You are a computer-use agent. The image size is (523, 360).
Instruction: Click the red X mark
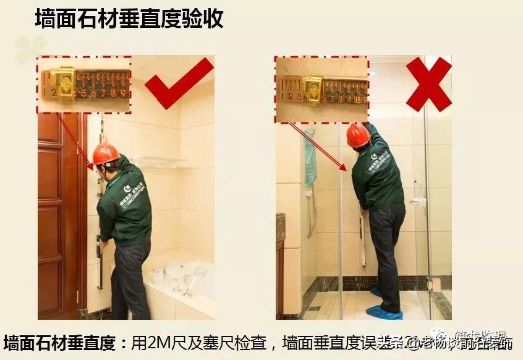(428, 84)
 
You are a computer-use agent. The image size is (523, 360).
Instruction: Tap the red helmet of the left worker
(106, 154)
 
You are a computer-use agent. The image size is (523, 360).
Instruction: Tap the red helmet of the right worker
(358, 135)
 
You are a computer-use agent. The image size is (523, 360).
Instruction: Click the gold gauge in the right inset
(312, 89)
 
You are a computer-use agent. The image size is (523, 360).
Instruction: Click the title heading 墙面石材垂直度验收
(129, 19)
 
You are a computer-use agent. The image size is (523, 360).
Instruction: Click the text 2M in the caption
(158, 343)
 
